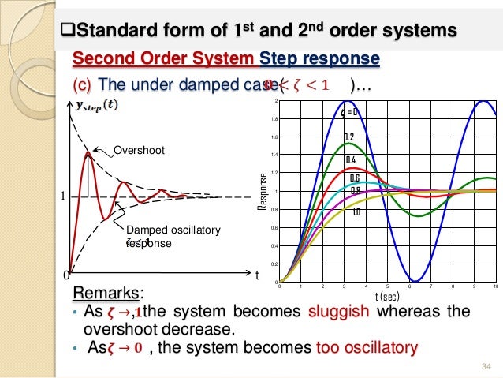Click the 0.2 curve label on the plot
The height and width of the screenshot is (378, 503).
(x=348, y=137)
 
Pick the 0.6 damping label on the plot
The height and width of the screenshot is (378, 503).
(x=355, y=178)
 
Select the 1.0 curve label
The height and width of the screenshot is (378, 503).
(x=356, y=212)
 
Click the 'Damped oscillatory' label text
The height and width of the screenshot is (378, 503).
(x=170, y=230)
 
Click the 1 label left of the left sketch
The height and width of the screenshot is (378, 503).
(x=54, y=196)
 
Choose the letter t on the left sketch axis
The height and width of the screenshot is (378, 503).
(x=256, y=275)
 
